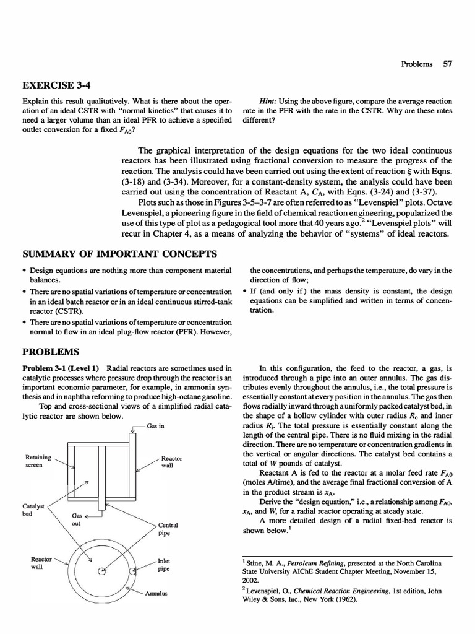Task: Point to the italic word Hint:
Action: (271, 101)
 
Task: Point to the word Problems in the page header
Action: (416, 64)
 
